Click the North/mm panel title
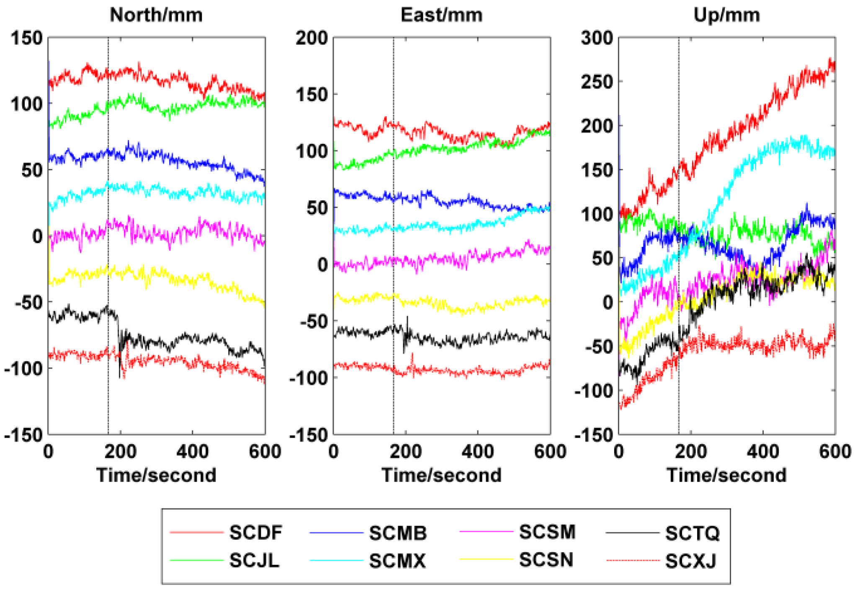click(156, 15)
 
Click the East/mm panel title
click(441, 15)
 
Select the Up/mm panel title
click(726, 15)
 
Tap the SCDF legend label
click(255, 533)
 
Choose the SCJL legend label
click(254, 560)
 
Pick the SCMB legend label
click(397, 533)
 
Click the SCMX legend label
click(397, 561)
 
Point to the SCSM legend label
click(547, 532)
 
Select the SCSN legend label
click(546, 560)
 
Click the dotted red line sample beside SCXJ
click(633, 560)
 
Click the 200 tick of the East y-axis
click(312, 38)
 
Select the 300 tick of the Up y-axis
click(597, 38)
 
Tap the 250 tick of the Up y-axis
click(597, 82)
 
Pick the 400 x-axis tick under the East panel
click(477, 452)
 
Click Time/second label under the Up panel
click(726, 475)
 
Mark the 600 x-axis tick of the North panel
click(265, 452)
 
